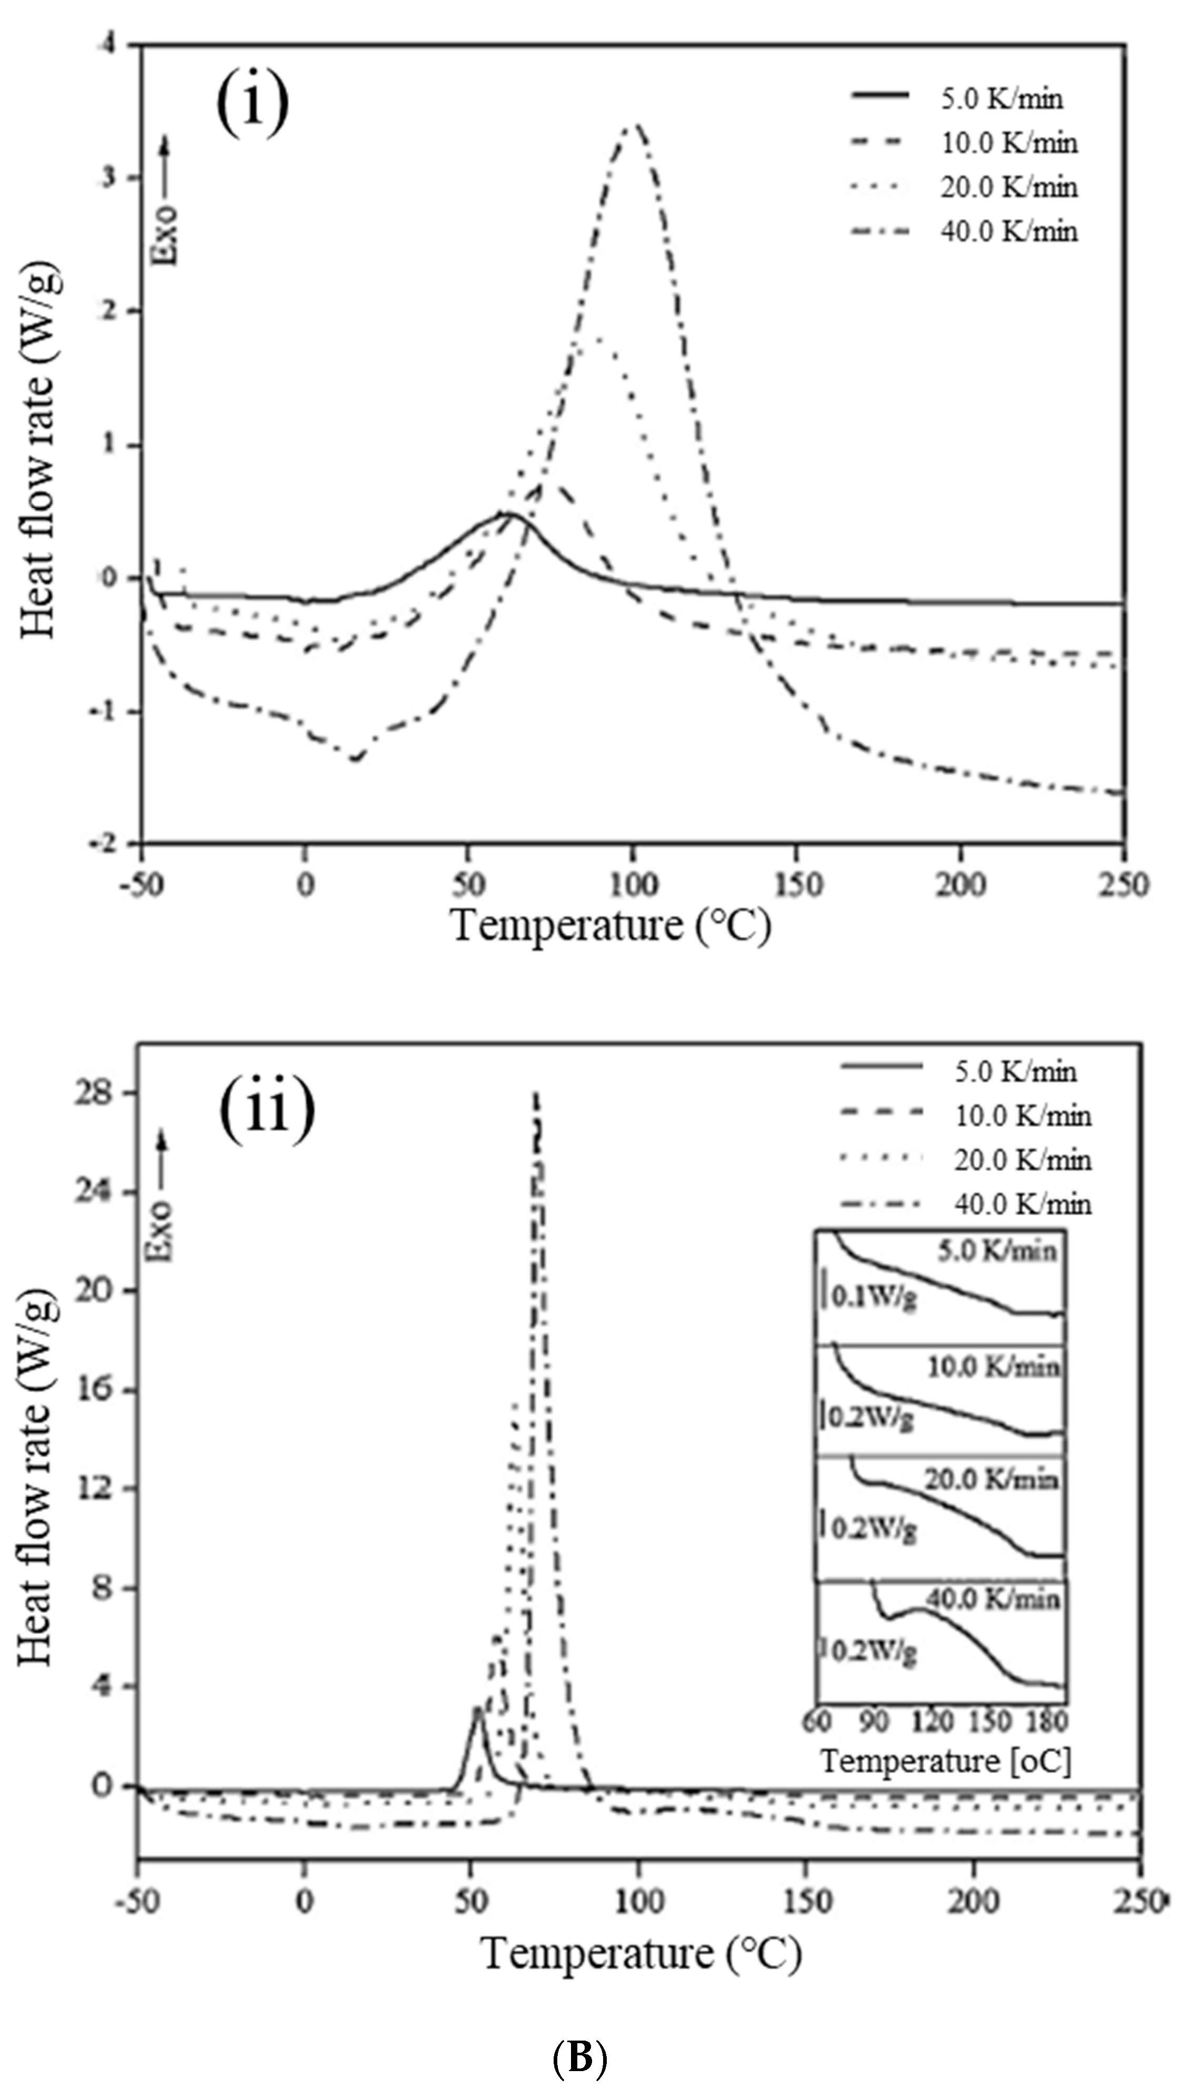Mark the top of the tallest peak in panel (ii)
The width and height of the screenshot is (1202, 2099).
point(535,1093)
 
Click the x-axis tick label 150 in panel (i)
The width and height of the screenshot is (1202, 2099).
point(798,885)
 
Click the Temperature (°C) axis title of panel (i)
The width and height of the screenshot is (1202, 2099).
point(612,926)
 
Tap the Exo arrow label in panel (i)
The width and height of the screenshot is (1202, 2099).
point(166,202)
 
